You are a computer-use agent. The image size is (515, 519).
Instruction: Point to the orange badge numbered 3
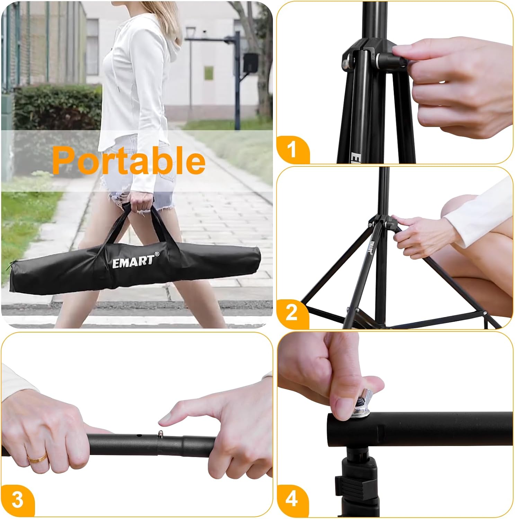point(17,499)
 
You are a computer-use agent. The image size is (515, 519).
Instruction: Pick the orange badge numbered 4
point(292,499)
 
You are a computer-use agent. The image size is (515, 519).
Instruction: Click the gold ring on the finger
point(37,458)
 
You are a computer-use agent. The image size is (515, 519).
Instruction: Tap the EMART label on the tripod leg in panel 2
point(371,247)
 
